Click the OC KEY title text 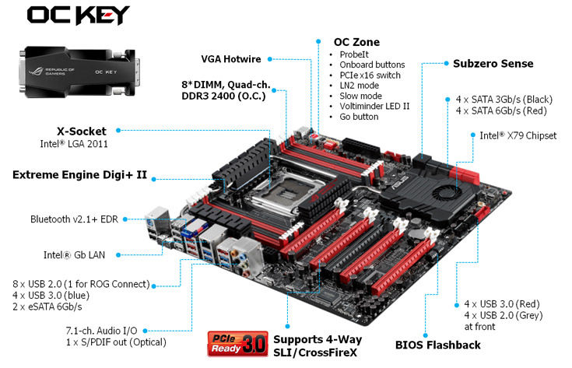(78, 15)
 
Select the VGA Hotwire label (231, 58)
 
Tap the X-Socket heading (82, 131)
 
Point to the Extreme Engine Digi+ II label (79, 175)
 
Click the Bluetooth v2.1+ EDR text (82, 219)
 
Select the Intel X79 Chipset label (518, 135)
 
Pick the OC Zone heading (356, 41)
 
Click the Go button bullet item (360, 117)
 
